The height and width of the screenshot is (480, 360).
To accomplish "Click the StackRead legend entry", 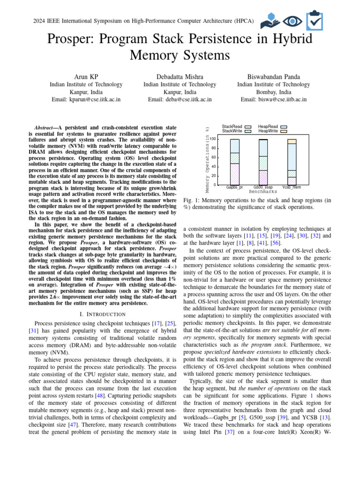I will [x=236, y=127].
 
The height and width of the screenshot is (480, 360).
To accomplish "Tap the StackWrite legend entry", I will [x=236, y=131].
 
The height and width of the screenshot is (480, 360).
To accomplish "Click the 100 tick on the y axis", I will [x=212, y=139].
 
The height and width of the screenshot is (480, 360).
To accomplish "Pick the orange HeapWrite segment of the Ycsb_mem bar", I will [x=292, y=141].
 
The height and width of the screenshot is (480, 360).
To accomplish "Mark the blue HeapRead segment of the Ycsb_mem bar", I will [x=292, y=157].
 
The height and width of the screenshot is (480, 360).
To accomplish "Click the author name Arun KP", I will [x=86, y=76].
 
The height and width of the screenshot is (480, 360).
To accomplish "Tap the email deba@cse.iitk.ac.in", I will [x=180, y=99].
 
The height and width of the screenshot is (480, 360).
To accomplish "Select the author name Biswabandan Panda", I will [x=273, y=76].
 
